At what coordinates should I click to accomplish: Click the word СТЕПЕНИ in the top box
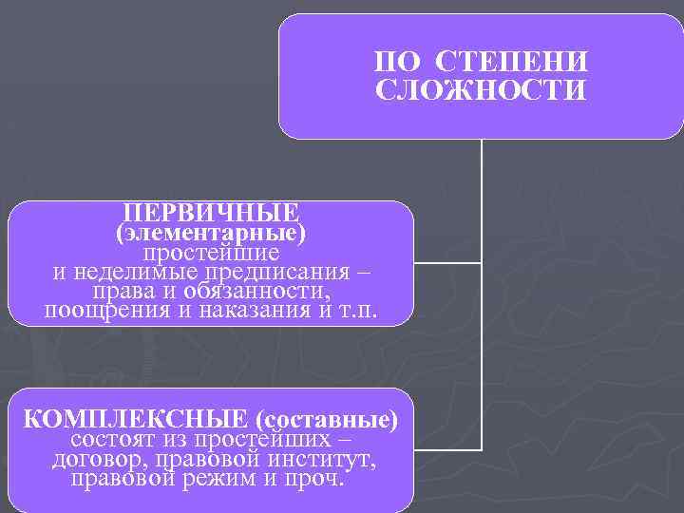(512, 63)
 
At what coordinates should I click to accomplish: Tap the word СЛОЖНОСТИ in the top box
(482, 91)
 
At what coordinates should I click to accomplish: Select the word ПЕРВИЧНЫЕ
(211, 211)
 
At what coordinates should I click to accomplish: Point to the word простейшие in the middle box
(211, 253)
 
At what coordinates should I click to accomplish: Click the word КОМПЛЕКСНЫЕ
(135, 419)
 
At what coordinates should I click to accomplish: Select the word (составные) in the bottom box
(327, 419)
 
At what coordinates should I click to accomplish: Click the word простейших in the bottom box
(264, 440)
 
